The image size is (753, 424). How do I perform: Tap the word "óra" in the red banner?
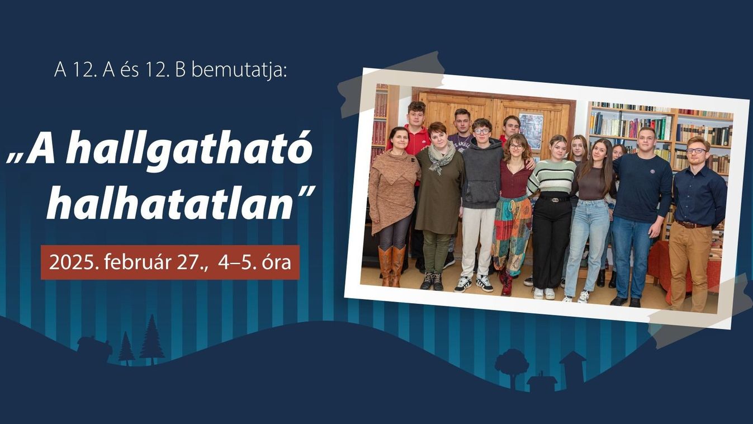pos(277,262)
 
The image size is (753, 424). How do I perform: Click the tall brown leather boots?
pos(392,266)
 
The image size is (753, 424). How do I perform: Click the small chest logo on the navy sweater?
pos(652,172)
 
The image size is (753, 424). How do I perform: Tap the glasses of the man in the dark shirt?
pos(696,150)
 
